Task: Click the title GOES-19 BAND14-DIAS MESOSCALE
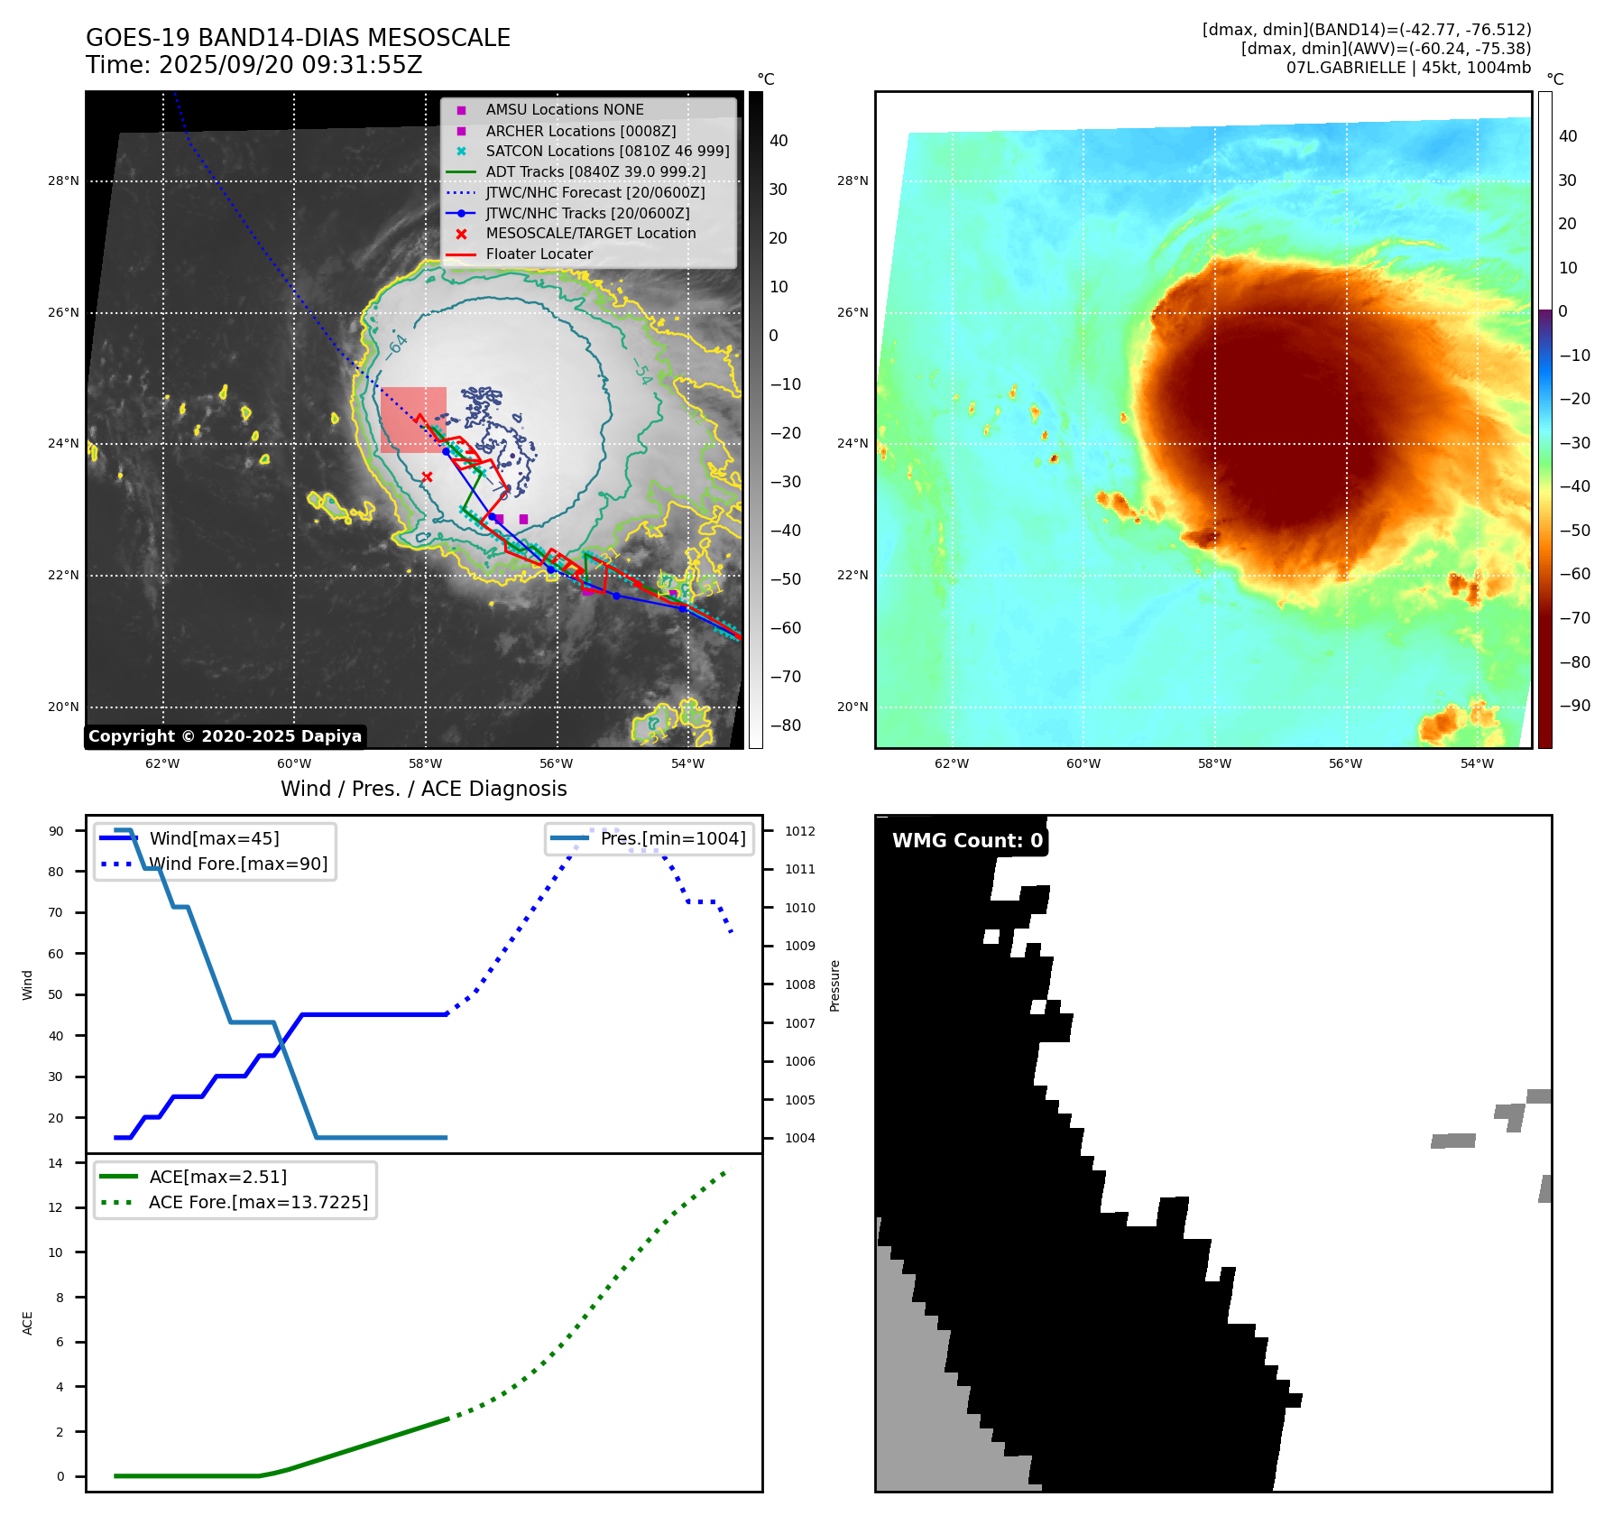(x=298, y=38)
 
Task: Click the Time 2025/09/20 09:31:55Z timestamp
(x=253, y=65)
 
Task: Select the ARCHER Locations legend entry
(x=580, y=131)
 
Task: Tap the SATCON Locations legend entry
(x=607, y=152)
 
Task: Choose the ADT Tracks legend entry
(x=595, y=171)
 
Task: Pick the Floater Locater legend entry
(x=539, y=254)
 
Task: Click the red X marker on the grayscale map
(x=427, y=476)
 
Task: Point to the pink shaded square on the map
(x=413, y=420)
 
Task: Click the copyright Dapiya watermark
(x=225, y=736)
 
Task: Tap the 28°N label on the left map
(x=63, y=181)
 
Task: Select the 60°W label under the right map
(x=1083, y=763)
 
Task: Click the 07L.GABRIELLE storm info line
(x=1408, y=68)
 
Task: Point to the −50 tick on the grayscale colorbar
(x=785, y=579)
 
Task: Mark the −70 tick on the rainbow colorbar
(x=1574, y=618)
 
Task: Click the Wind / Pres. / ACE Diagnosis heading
(x=423, y=789)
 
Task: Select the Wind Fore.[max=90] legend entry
(x=238, y=864)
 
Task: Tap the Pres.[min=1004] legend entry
(x=673, y=838)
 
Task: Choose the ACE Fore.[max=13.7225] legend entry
(x=258, y=1202)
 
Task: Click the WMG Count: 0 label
(x=967, y=841)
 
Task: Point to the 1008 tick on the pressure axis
(x=799, y=984)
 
